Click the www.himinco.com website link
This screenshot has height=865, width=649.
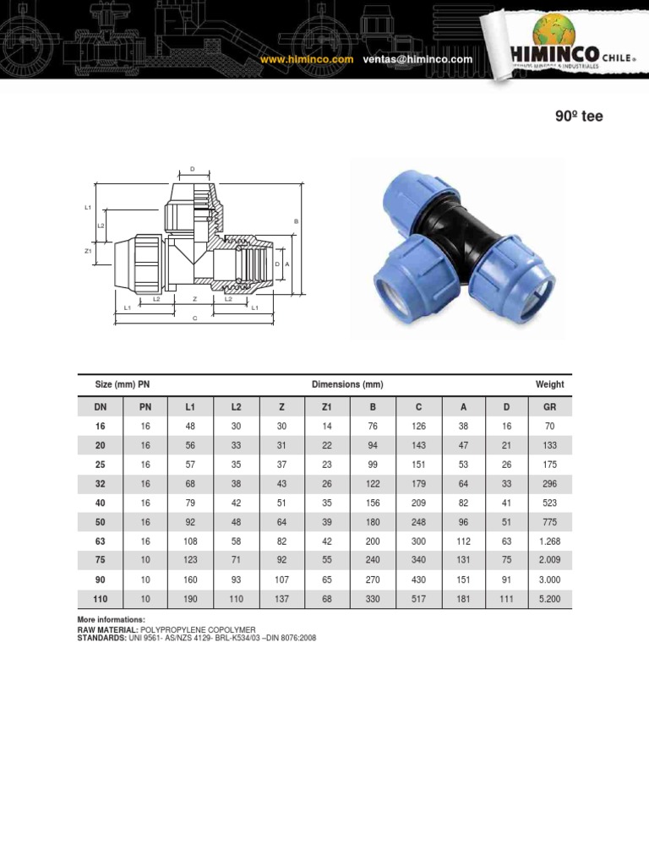pos(306,60)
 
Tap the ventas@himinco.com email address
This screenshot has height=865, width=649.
pos(417,60)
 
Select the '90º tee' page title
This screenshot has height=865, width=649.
pos(579,117)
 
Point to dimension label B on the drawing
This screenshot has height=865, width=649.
pos(297,221)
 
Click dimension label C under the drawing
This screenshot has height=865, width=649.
pos(194,318)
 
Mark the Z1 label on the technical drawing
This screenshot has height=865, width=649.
pos(88,251)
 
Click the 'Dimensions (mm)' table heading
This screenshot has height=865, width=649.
pos(347,384)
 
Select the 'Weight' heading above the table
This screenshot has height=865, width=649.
pos(549,384)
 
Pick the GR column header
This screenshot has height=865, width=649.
pos(549,407)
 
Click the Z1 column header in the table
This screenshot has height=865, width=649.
pos(327,407)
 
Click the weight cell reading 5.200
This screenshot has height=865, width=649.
pos(549,599)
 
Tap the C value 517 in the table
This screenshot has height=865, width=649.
pos(417,599)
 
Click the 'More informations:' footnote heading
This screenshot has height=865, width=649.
pos(111,620)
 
